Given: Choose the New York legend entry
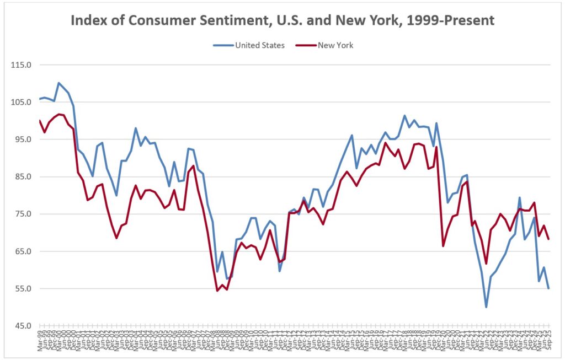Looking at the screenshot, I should (x=335, y=45).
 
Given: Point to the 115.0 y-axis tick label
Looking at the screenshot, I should (x=22, y=65).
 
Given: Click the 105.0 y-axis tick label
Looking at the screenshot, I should (x=22, y=102).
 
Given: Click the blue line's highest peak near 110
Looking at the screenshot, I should (x=58, y=83).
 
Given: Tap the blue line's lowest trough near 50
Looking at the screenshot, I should (x=486, y=307).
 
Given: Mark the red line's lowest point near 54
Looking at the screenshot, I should (x=217, y=291).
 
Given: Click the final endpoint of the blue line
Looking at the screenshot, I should (x=548, y=288).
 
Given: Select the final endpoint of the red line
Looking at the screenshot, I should (x=548, y=239).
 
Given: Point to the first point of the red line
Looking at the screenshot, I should (x=40, y=121).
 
